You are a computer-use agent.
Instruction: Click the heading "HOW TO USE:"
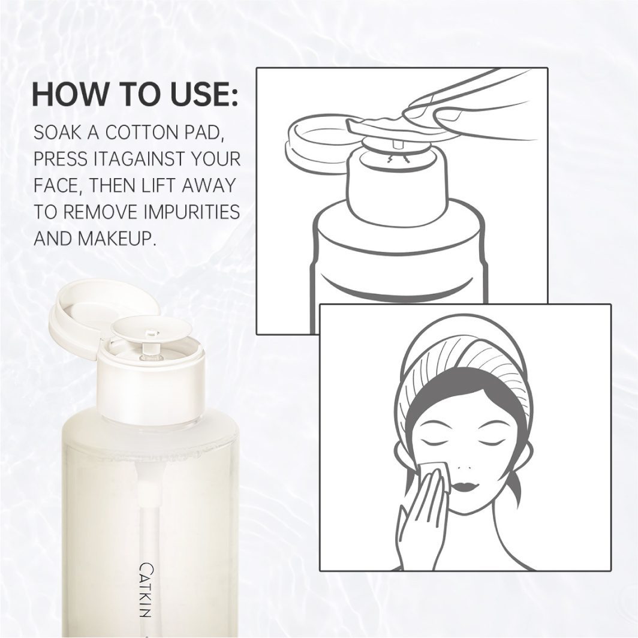(x=135, y=96)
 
